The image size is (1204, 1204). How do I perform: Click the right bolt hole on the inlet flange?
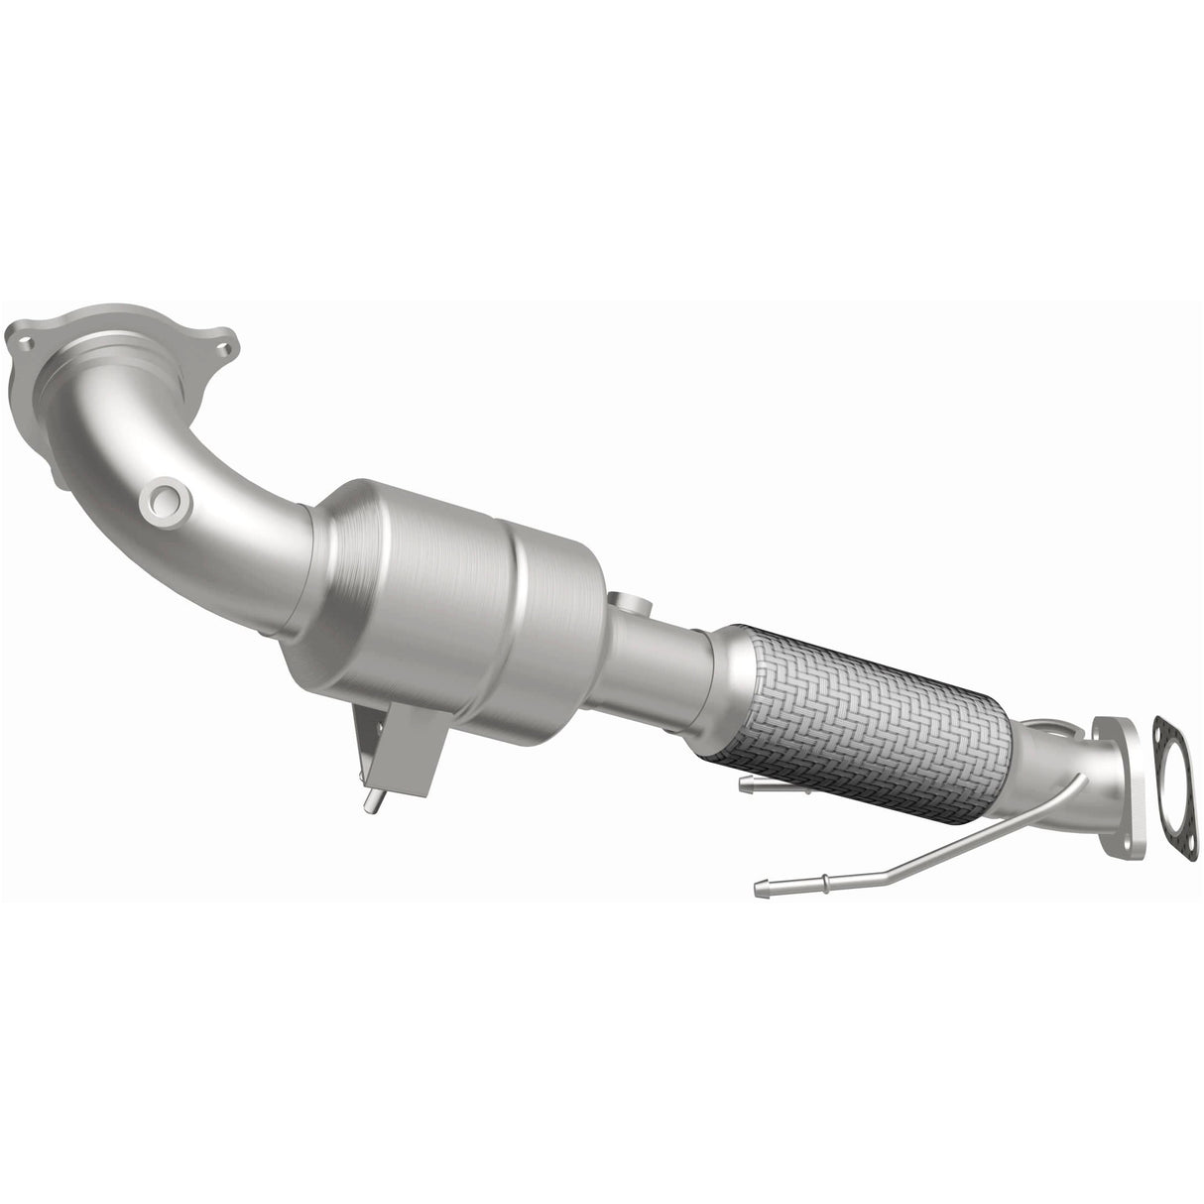point(226,349)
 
